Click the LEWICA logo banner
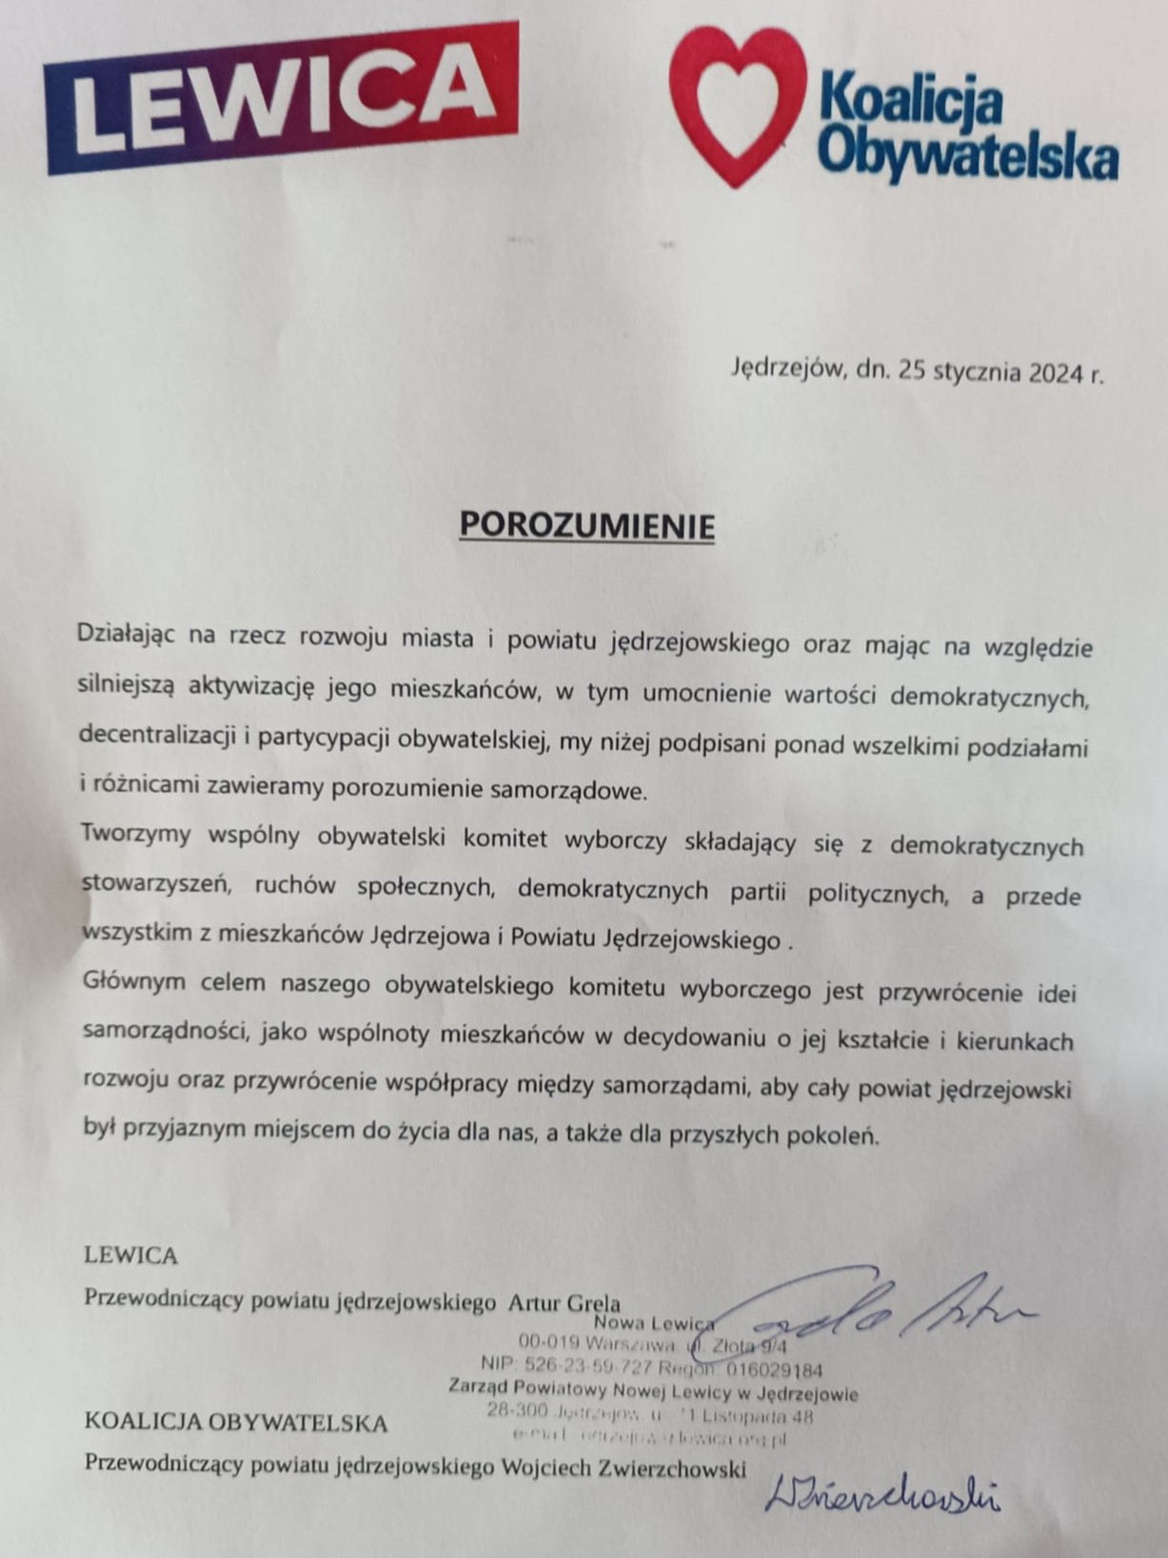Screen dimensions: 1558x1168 281,97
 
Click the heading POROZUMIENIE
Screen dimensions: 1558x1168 586,525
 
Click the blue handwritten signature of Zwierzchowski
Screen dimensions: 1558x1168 881,1495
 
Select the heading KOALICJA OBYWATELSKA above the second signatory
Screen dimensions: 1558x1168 236,1423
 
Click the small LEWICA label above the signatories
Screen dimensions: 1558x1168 131,1255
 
